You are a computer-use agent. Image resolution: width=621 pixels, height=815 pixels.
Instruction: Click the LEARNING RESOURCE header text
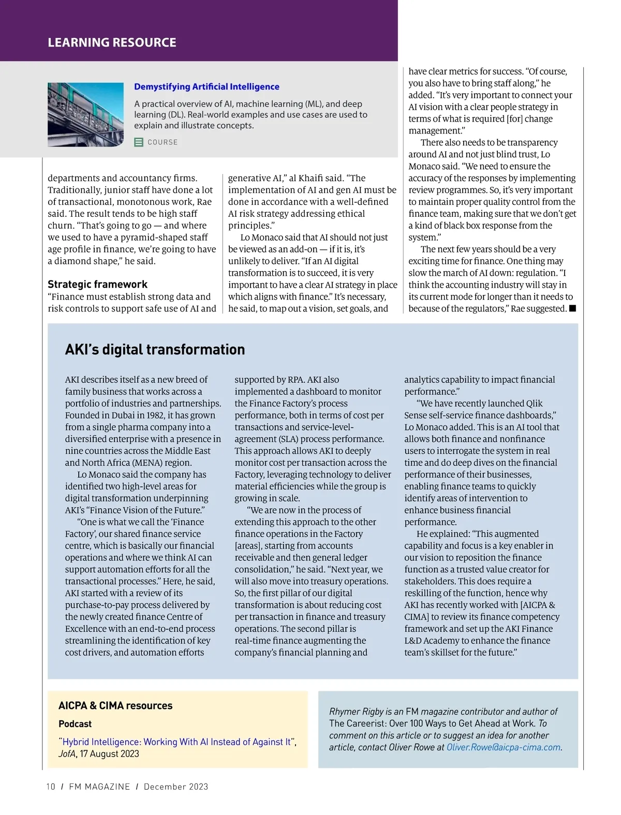click(x=112, y=42)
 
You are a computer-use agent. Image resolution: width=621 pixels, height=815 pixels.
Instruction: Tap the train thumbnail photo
click(x=85, y=114)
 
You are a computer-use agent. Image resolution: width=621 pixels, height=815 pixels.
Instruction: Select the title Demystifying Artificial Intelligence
click(x=206, y=87)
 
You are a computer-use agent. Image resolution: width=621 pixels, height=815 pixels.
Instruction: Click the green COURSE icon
click(x=139, y=142)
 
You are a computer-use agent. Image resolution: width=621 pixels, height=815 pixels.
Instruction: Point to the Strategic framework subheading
click(x=97, y=284)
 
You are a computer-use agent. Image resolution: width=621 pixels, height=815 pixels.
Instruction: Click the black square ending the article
click(x=572, y=309)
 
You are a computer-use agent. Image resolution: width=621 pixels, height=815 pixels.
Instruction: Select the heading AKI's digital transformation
click(x=155, y=350)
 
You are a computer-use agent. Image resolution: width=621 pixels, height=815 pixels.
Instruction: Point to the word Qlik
click(x=534, y=404)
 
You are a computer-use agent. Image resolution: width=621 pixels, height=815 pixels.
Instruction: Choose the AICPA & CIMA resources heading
click(x=115, y=706)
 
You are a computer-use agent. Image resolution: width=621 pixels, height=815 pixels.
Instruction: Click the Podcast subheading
click(x=75, y=724)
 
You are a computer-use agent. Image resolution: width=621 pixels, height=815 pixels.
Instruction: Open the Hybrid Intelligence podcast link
click(x=176, y=742)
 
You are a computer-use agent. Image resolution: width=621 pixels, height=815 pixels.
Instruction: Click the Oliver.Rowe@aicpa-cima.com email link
click(x=504, y=747)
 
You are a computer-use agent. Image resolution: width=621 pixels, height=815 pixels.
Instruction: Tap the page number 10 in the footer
click(x=51, y=787)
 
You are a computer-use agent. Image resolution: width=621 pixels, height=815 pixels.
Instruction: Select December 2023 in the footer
click(x=176, y=787)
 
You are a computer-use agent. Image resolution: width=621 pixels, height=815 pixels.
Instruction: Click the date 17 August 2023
click(x=109, y=754)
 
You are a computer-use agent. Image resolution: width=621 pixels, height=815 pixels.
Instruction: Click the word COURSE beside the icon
click(x=162, y=142)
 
